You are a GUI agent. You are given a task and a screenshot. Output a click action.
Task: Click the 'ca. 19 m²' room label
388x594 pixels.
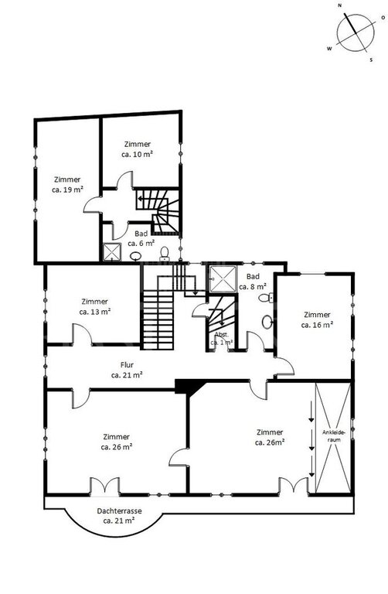67,189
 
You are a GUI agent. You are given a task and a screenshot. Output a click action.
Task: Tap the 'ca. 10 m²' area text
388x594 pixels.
137,154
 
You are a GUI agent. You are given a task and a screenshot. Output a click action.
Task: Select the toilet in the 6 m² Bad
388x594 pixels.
165,253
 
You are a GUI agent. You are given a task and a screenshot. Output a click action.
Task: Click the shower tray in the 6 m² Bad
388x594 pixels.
111,252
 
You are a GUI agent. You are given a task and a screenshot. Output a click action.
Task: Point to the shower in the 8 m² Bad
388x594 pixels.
223,279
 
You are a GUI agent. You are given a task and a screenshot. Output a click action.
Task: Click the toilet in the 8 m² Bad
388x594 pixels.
266,298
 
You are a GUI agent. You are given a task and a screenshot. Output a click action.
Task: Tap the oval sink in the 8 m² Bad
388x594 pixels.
267,322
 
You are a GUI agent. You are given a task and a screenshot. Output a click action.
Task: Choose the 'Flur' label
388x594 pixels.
128,365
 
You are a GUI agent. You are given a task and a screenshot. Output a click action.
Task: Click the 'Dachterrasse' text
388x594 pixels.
119,510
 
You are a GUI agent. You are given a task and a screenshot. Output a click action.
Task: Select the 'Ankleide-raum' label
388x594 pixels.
332,435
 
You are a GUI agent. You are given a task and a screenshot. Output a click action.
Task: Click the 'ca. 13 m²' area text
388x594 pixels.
94,312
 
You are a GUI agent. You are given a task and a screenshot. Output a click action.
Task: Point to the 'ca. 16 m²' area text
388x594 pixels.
317,325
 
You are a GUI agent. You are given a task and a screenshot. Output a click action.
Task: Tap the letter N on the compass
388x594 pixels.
340,5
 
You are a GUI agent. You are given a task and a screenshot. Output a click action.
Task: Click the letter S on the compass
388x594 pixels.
371,60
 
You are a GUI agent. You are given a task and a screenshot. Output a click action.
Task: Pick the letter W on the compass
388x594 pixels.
329,49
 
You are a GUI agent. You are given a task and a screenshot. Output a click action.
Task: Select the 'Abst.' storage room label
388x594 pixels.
222,334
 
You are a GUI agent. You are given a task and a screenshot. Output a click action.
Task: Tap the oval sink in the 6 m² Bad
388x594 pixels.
135,257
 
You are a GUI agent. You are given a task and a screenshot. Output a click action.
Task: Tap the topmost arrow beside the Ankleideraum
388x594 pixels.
311,411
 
